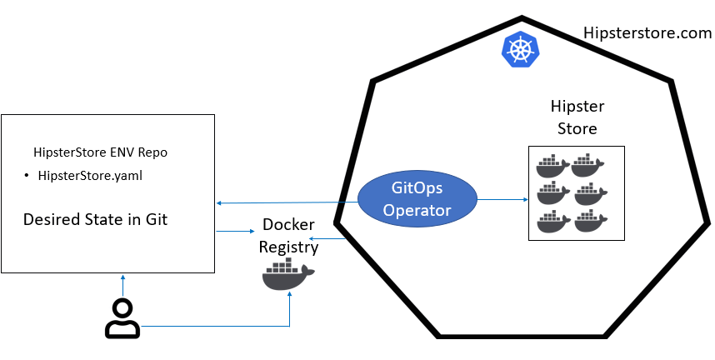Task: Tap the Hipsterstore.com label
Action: click(647, 34)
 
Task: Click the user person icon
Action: click(122, 318)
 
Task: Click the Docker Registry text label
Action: click(287, 235)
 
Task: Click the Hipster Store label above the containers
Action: click(577, 117)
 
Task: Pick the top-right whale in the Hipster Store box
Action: click(587, 165)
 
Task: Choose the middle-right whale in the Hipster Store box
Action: click(587, 193)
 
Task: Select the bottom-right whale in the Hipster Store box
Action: click(587, 222)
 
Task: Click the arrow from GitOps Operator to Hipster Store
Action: click(503, 200)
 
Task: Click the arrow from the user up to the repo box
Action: click(122, 285)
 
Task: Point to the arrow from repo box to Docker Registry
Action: click(236, 231)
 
